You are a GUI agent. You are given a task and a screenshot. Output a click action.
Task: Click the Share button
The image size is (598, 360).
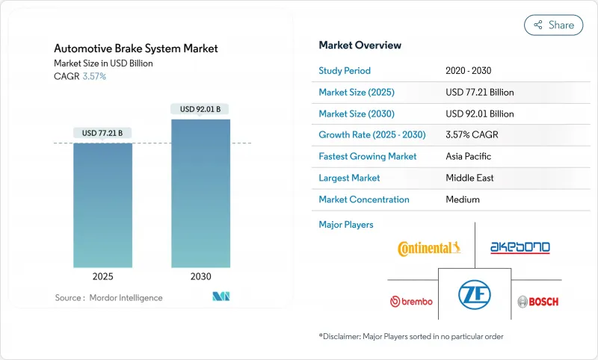[x=553, y=25]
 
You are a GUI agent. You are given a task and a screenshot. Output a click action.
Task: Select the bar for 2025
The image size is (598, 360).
[x=102, y=205]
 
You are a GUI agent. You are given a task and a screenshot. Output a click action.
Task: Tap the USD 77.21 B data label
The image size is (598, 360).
[x=102, y=134]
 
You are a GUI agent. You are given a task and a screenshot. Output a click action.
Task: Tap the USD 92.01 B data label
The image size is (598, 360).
[x=200, y=110]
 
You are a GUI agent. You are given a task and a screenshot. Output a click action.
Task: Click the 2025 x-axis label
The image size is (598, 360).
[x=102, y=276]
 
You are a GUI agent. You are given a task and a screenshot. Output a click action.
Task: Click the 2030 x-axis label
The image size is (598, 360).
[x=200, y=276]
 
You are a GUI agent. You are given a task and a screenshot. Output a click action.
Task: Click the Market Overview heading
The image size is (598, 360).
[x=360, y=46]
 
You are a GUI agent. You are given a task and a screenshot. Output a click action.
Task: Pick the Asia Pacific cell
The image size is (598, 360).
[x=469, y=157]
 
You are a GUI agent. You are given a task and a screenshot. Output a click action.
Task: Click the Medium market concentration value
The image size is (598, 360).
[x=462, y=199]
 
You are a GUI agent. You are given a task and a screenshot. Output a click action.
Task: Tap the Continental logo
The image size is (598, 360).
[x=429, y=248]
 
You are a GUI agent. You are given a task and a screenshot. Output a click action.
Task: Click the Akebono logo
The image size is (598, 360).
[x=520, y=247]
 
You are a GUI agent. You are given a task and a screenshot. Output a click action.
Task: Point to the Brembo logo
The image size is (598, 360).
[x=411, y=302]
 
